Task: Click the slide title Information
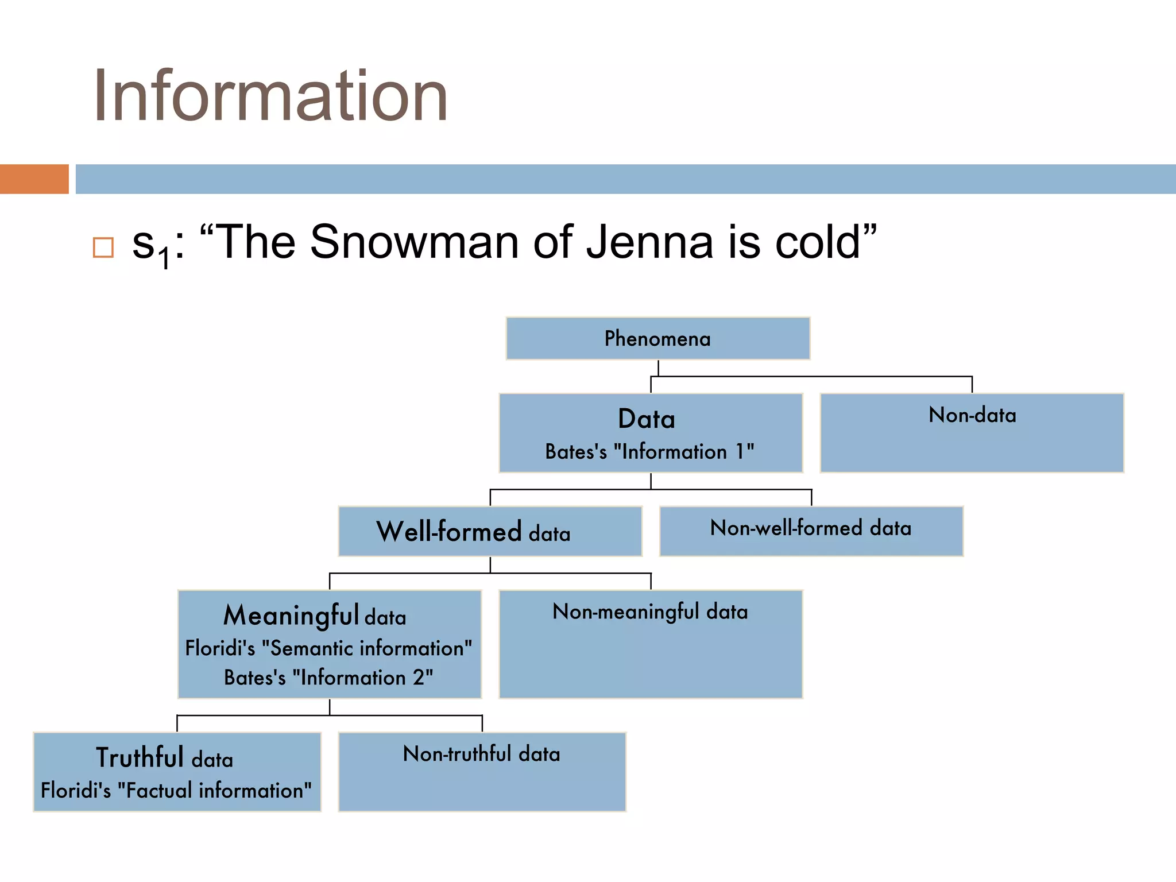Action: [x=270, y=96]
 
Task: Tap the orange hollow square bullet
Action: [x=103, y=247]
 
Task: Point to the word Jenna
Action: [x=649, y=242]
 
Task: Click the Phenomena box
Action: [x=657, y=339]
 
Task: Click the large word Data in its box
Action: [x=647, y=419]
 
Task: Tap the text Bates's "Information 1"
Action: [x=649, y=452]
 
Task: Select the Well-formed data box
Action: [x=490, y=531]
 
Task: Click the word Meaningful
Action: [x=291, y=615]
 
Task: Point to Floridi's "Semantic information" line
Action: [x=328, y=648]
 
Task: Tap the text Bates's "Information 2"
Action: [x=328, y=678]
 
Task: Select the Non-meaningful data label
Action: [x=650, y=612]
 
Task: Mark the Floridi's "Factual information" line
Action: [x=176, y=791]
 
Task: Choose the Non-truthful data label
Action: [x=481, y=754]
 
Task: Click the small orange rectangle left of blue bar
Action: [x=34, y=179]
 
